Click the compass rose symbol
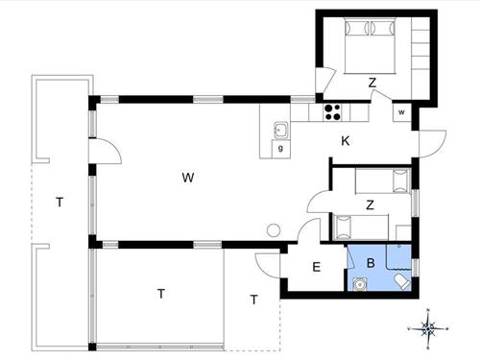pyautogui.click(x=431, y=329)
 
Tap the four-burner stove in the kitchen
pyautogui.click(x=332, y=110)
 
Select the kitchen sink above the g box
pyautogui.click(x=280, y=129)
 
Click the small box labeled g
pyautogui.click(x=280, y=149)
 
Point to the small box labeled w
pyautogui.click(x=401, y=111)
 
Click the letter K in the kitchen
pyautogui.click(x=346, y=141)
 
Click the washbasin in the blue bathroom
pyautogui.click(x=359, y=283)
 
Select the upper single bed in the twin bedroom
pyautogui.click(x=382, y=180)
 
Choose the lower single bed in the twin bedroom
pyautogui.click(x=362, y=227)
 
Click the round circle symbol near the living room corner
pyautogui.click(x=274, y=230)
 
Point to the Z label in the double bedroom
pyautogui.click(x=372, y=84)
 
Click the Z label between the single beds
pyautogui.click(x=370, y=204)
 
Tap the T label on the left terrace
pyautogui.click(x=60, y=202)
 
